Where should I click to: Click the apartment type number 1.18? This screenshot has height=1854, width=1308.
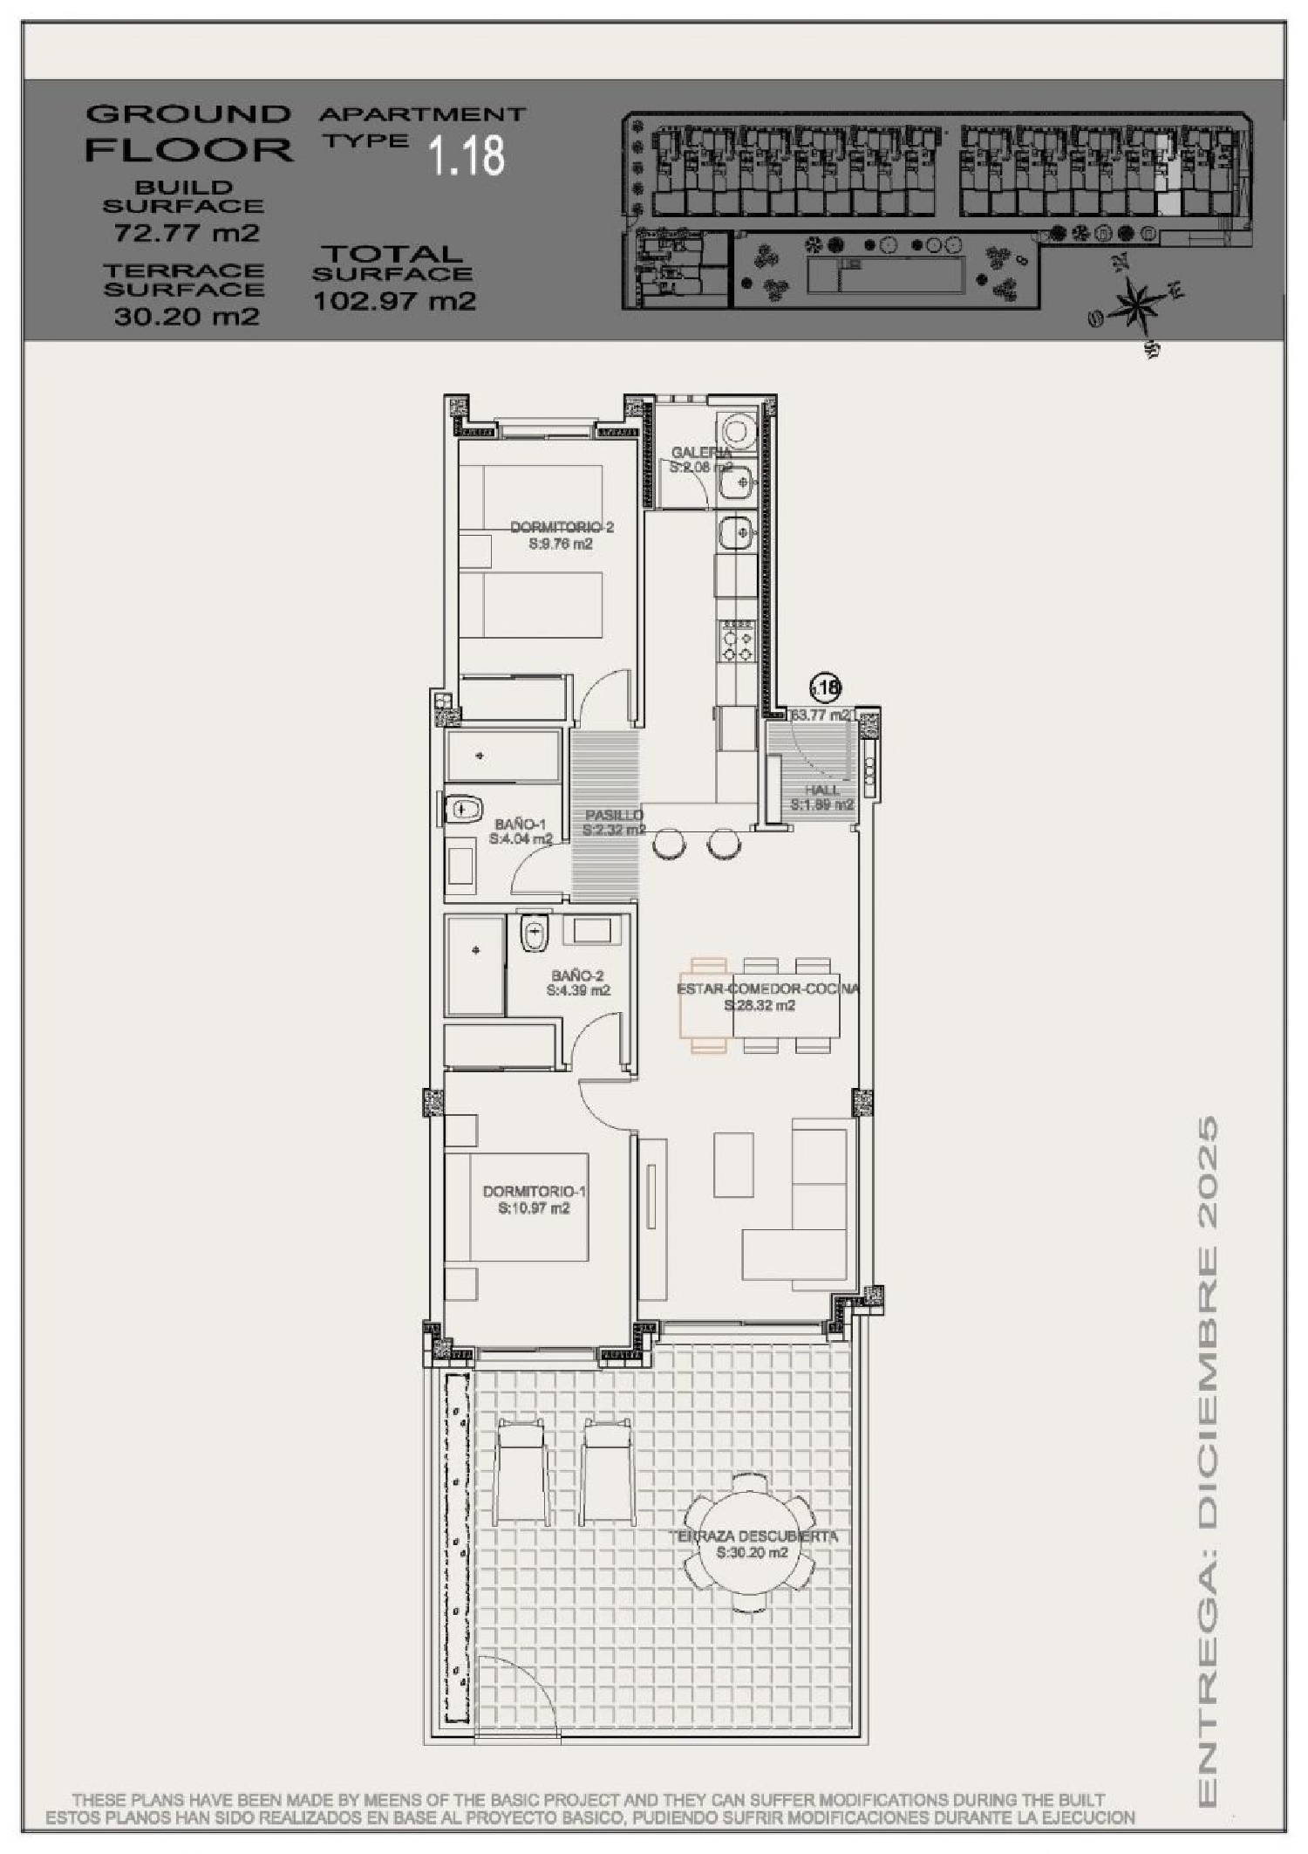coord(467,155)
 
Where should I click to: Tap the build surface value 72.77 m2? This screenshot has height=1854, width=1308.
coord(187,233)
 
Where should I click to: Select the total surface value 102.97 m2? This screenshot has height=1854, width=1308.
coord(394,301)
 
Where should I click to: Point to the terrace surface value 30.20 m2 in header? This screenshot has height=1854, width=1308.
coord(187,316)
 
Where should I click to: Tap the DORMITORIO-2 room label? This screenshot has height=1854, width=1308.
coord(562,527)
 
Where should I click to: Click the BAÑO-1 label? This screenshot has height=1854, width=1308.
coord(521,824)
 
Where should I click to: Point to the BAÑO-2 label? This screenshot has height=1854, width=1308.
coord(578,975)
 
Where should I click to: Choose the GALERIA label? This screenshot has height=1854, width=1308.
coord(701,452)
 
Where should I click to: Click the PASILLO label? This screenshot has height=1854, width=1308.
coord(614,815)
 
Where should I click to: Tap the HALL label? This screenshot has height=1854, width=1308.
coord(821,790)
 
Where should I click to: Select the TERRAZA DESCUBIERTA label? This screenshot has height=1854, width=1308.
coord(753,1560)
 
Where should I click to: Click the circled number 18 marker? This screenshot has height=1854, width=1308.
coord(825,688)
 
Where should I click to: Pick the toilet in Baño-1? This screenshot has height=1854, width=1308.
coord(462,810)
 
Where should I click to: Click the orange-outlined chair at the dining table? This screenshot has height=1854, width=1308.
coord(705,1005)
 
